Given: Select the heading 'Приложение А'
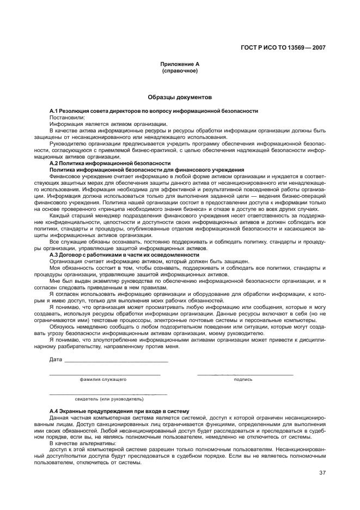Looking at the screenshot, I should (x=180, y=64).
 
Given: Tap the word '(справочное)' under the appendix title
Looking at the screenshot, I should (x=180, y=71).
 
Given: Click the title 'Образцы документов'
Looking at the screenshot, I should (x=180, y=98).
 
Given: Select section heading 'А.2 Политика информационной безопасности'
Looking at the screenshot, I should (x=110, y=163).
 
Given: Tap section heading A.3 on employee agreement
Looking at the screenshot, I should (x=124, y=254).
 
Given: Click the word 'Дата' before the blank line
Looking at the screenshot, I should (x=56, y=360).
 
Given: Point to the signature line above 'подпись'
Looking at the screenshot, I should (x=245, y=374).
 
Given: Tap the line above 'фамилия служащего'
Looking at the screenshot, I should (x=105, y=374).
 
